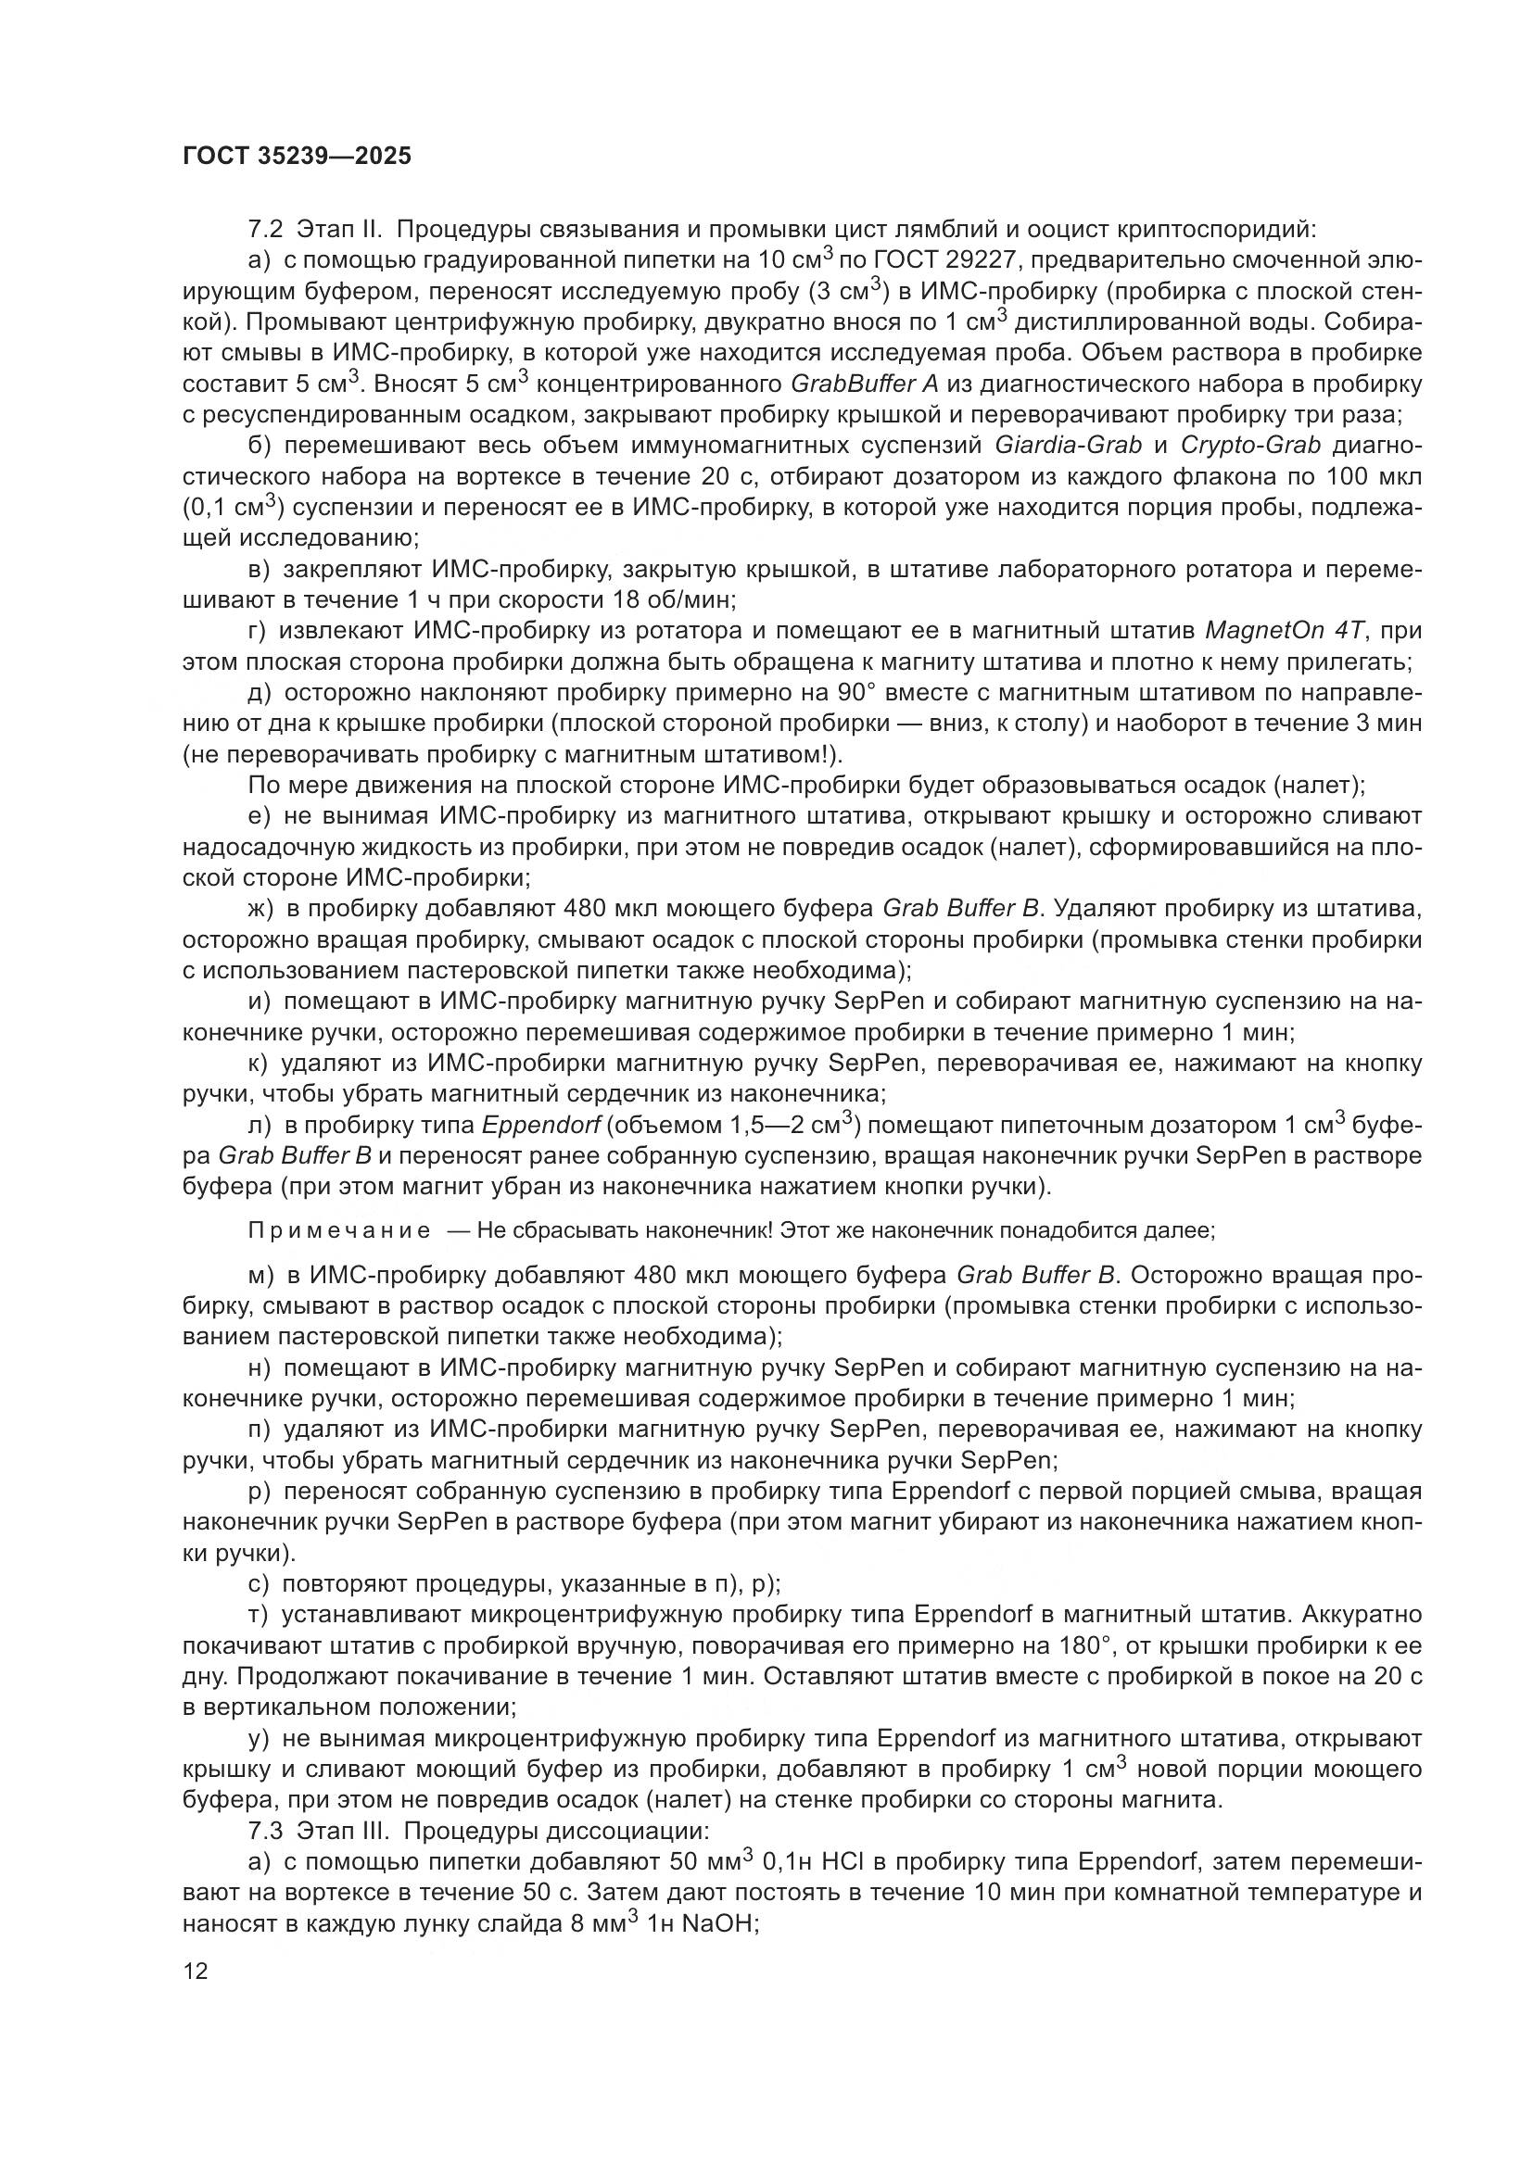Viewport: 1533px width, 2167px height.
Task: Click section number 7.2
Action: [x=266, y=230]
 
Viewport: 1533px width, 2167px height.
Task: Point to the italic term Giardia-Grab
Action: [x=1069, y=446]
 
